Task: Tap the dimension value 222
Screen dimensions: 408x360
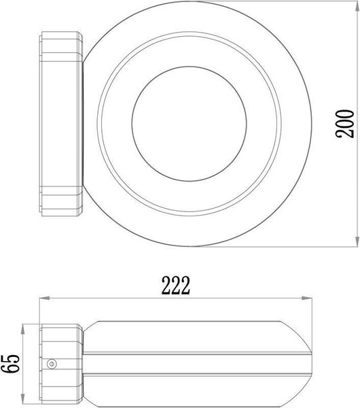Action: click(175, 285)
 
